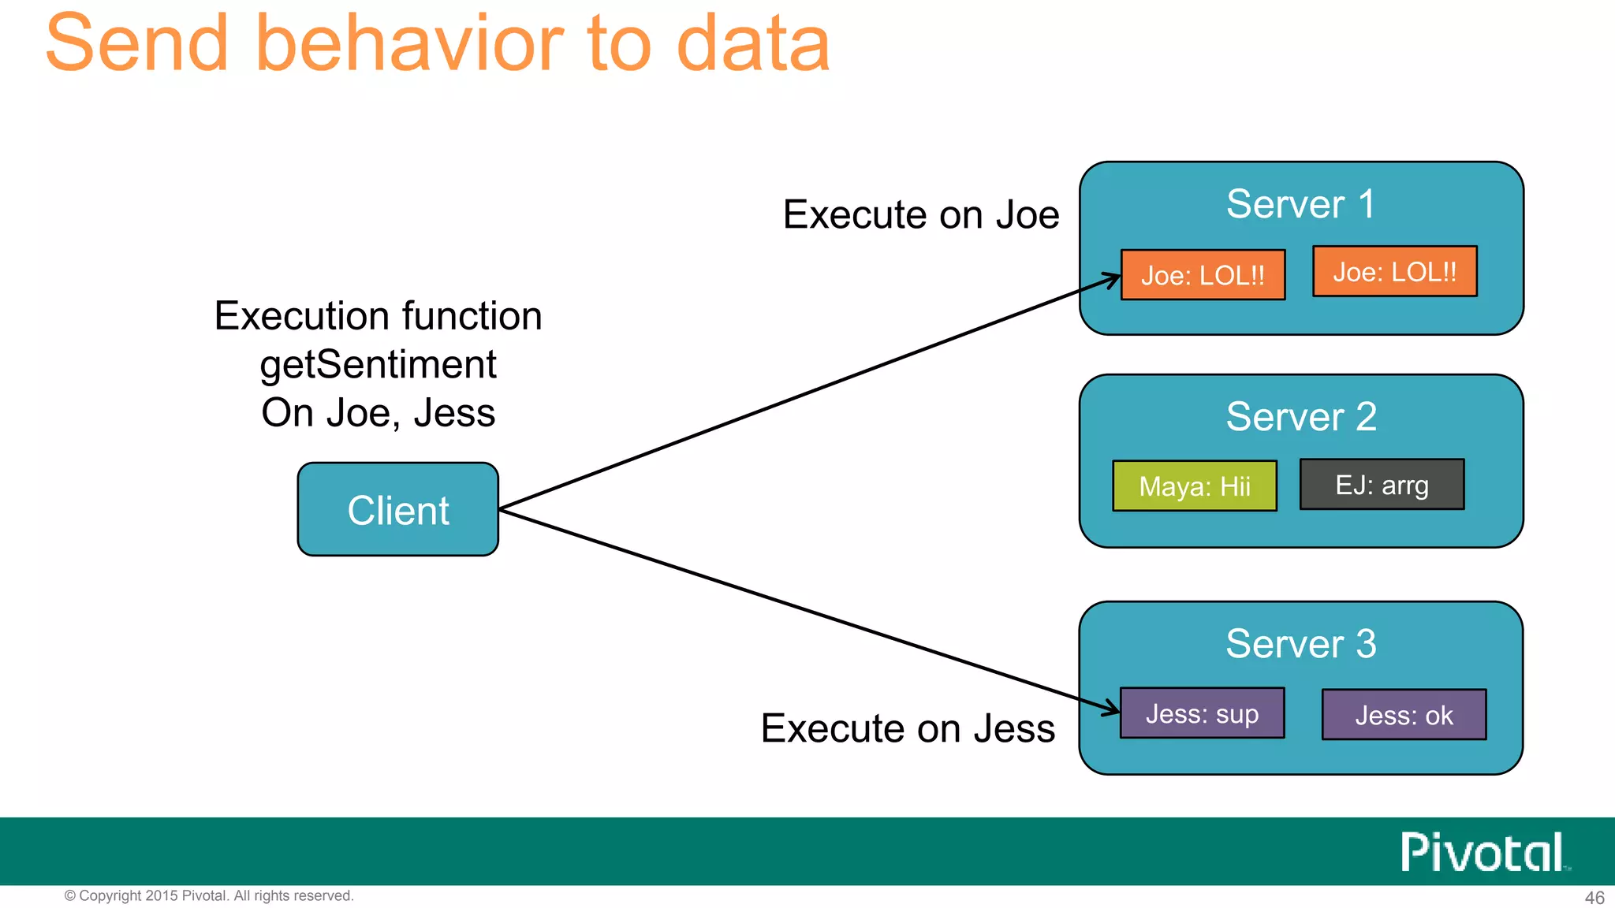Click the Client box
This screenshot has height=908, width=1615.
click(397, 510)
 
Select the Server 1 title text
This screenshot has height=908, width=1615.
click(1300, 204)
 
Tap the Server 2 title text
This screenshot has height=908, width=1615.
click(1300, 416)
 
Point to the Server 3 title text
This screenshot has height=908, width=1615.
click(1300, 643)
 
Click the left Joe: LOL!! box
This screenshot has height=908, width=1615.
click(1203, 275)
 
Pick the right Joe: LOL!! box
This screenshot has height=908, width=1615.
click(1394, 272)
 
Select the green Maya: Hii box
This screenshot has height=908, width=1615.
click(1194, 486)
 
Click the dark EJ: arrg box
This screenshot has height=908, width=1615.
click(1382, 485)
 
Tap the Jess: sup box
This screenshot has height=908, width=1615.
click(1202, 713)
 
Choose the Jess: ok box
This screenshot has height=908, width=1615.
click(1404, 715)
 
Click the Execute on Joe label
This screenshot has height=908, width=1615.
click(920, 214)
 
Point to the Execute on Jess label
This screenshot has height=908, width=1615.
click(908, 728)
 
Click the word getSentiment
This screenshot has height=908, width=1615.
click(378, 364)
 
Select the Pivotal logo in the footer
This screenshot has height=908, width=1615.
click(1483, 852)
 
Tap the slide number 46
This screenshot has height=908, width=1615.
click(1594, 898)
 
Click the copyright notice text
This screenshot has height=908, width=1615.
click(209, 895)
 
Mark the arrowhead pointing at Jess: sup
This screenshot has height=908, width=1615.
click(1113, 706)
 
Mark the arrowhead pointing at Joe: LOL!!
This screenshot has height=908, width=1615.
click(1113, 279)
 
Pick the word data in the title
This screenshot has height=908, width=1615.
click(752, 43)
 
